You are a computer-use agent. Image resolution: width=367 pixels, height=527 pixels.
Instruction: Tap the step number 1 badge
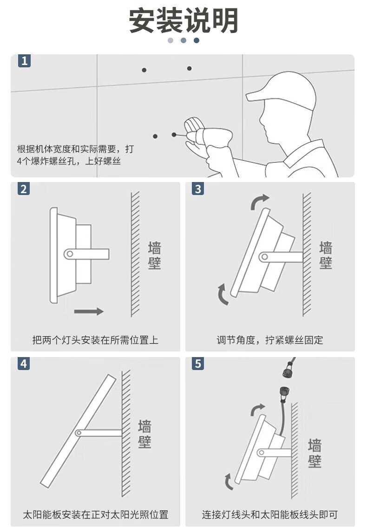(x=24, y=61)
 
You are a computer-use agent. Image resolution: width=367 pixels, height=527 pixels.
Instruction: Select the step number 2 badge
(x=24, y=189)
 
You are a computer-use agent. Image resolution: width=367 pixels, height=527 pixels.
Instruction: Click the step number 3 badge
(x=198, y=189)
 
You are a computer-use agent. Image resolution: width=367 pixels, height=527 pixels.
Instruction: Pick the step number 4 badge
(x=24, y=364)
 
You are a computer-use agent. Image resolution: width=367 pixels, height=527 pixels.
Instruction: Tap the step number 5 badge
(x=198, y=364)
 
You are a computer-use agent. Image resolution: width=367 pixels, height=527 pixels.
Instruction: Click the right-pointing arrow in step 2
(x=88, y=311)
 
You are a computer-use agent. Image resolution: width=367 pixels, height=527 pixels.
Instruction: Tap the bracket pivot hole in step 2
(x=69, y=254)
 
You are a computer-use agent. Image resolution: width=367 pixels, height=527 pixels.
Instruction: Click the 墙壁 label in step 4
(x=145, y=434)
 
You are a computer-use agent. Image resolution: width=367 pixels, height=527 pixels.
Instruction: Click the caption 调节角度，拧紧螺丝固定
(x=270, y=340)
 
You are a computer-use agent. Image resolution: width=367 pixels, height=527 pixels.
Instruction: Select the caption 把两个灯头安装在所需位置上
(x=95, y=340)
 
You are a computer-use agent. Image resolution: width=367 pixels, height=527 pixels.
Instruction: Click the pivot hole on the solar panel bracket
(x=78, y=433)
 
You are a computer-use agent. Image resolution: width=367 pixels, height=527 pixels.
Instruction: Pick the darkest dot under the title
(x=197, y=40)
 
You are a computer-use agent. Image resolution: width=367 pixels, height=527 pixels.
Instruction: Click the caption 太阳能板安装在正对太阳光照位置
(x=95, y=514)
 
